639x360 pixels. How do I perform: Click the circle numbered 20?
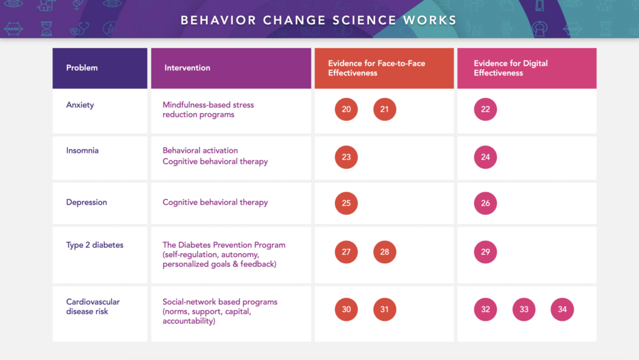click(x=346, y=109)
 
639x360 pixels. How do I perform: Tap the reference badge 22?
click(x=485, y=109)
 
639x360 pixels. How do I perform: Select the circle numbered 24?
click(x=485, y=157)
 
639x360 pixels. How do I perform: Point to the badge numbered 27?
click(x=346, y=252)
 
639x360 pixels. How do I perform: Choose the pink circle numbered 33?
click(x=524, y=309)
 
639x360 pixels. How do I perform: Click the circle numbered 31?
click(x=384, y=309)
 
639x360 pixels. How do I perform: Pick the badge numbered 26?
click(x=485, y=203)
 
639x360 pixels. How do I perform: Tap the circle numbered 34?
click(x=562, y=309)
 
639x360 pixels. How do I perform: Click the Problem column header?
click(x=82, y=68)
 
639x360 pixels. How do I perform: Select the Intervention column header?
click(x=187, y=68)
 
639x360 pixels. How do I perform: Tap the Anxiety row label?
click(x=80, y=105)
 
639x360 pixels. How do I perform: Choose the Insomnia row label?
click(x=82, y=150)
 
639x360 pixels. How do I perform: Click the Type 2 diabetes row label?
click(x=95, y=245)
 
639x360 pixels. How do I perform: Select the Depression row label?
click(x=87, y=202)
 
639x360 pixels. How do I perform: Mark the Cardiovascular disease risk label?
click(x=93, y=306)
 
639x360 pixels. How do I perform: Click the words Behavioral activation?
click(x=200, y=150)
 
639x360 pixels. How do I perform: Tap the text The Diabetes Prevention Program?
click(x=224, y=245)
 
